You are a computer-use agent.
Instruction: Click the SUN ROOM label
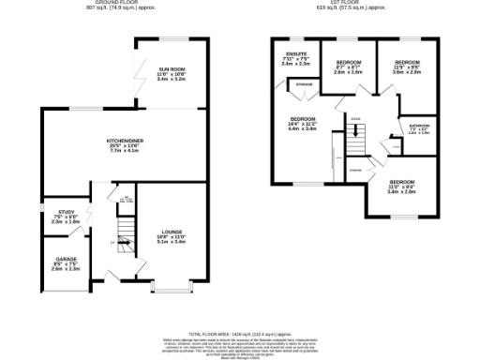click(171, 69)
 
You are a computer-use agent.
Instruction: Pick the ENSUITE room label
click(296, 54)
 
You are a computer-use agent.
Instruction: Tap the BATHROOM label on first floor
click(418, 125)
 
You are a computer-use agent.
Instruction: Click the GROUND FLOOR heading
click(121, 4)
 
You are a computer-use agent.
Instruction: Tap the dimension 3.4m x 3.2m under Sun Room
click(171, 80)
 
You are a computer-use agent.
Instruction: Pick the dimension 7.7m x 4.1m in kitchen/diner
click(122, 150)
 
